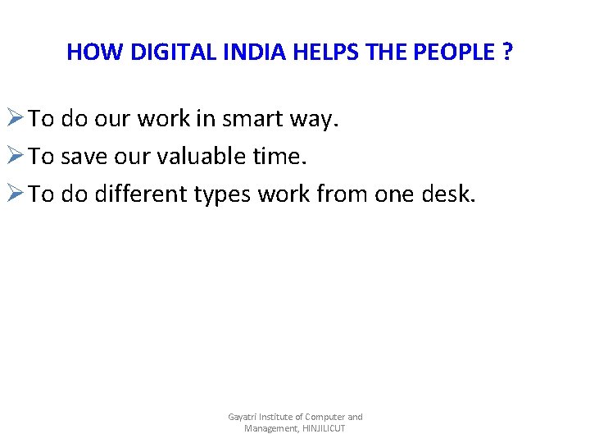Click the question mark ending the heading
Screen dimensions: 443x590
(509, 53)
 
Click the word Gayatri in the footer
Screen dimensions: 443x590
(243, 418)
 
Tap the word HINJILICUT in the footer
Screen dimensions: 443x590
(324, 429)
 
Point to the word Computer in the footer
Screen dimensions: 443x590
(324, 418)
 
